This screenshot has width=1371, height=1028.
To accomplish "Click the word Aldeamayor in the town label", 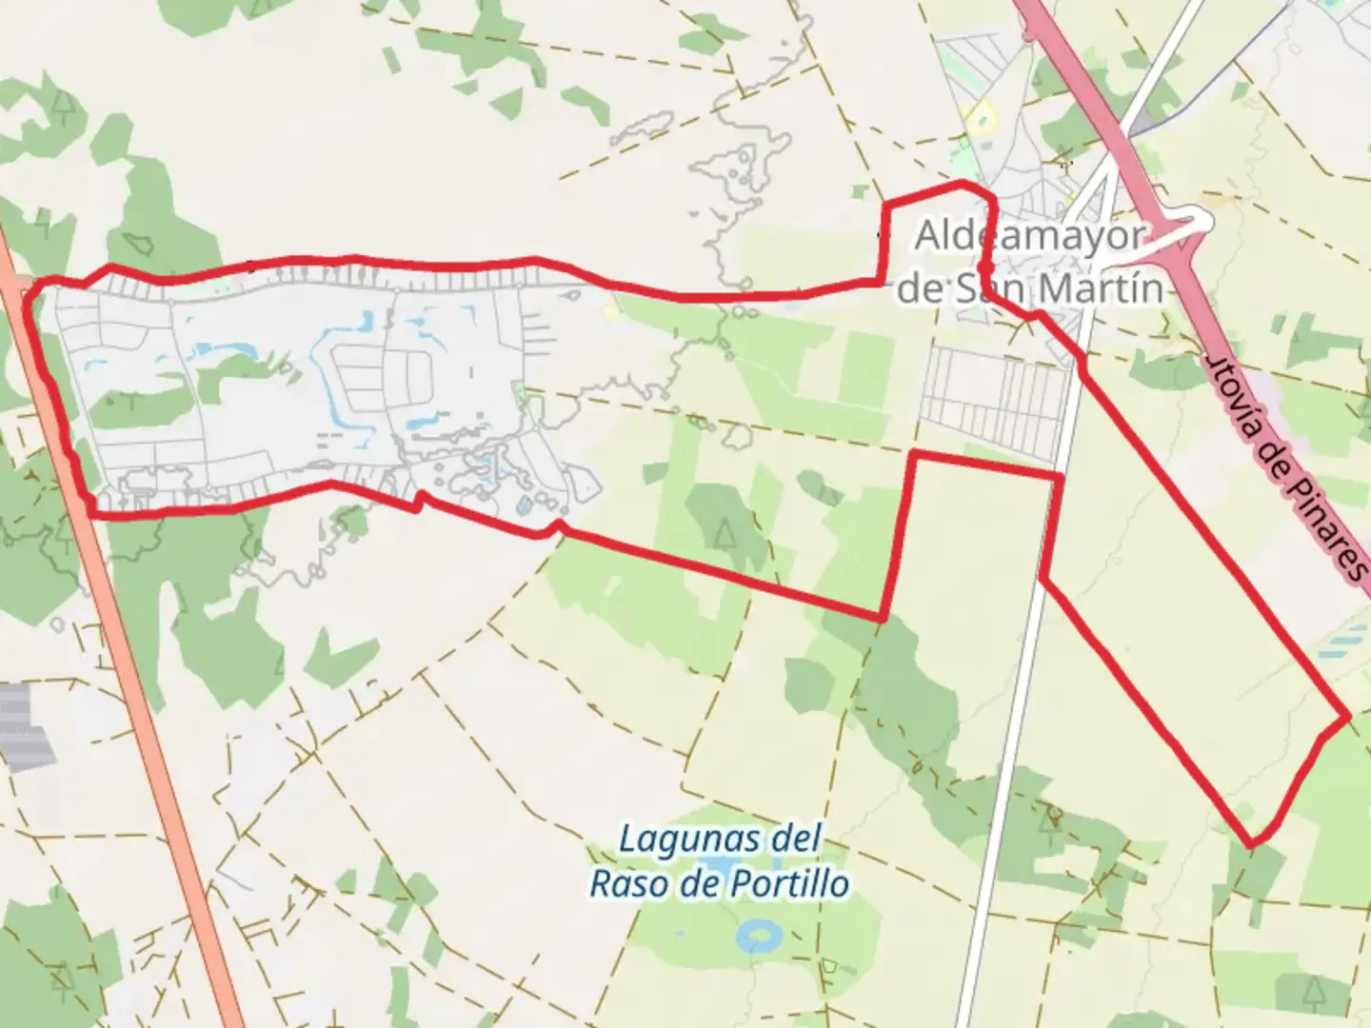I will [1028, 237].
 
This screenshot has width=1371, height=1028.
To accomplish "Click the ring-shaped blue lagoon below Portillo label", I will [759, 935].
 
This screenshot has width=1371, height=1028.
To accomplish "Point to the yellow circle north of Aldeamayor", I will [978, 119].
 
